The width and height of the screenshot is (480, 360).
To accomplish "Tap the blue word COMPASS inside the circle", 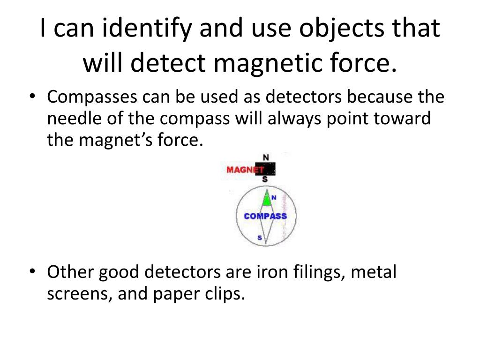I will tap(265, 216).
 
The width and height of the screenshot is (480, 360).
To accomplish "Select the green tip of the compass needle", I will tap(267, 200).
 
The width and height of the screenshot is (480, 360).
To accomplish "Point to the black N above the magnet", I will tap(266, 157).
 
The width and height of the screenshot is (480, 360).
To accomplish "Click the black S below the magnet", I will tap(265, 180).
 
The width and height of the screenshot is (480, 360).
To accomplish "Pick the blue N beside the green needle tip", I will tap(274, 198).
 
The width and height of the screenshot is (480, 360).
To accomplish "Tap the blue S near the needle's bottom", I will tap(260, 238).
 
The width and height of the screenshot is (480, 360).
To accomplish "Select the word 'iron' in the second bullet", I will tap(268, 272).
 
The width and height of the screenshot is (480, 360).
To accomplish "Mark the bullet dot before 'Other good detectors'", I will tap(32, 272).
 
